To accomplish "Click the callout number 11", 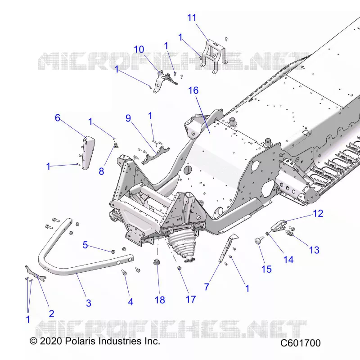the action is point(192,18).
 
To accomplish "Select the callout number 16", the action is point(193,90).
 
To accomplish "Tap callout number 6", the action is point(58,118).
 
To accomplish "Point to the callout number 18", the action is point(160,300).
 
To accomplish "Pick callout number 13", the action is point(314,250).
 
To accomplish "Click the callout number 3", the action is point(89,303).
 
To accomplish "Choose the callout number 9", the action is point(128,118).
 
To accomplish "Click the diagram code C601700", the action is point(300,343).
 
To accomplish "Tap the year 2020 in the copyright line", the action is point(51,341).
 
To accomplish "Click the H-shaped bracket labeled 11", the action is point(213,56).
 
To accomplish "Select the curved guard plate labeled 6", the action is point(88,152).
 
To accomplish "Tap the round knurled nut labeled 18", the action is point(157,262).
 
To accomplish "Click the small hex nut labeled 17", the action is point(180,268).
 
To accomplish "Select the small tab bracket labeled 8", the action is point(117,145).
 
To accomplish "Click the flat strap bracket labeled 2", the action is point(36,273).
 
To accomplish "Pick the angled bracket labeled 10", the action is point(163,81).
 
